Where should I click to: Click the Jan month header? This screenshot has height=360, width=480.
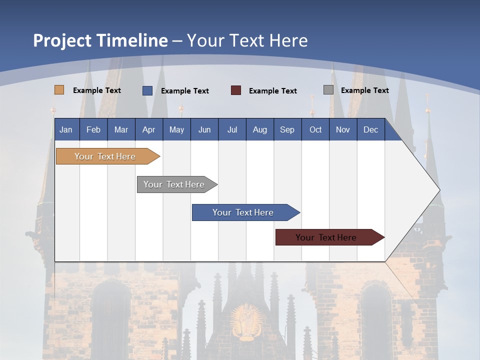[66, 130]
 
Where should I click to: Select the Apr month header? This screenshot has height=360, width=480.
[148, 130]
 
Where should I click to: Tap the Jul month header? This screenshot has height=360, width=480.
[232, 130]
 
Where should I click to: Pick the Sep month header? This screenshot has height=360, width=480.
[287, 130]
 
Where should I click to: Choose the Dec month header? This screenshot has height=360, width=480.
[370, 130]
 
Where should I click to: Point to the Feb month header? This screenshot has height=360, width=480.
[93, 130]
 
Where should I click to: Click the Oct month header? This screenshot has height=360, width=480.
[315, 130]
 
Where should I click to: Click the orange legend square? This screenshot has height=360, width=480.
[59, 90]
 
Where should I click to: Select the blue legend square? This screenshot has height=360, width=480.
[147, 90]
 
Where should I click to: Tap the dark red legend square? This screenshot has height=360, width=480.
[236, 90]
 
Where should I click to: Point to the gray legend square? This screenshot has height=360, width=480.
[328, 90]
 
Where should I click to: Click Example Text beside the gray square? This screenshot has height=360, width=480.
[364, 90]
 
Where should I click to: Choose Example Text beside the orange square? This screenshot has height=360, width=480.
[97, 90]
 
